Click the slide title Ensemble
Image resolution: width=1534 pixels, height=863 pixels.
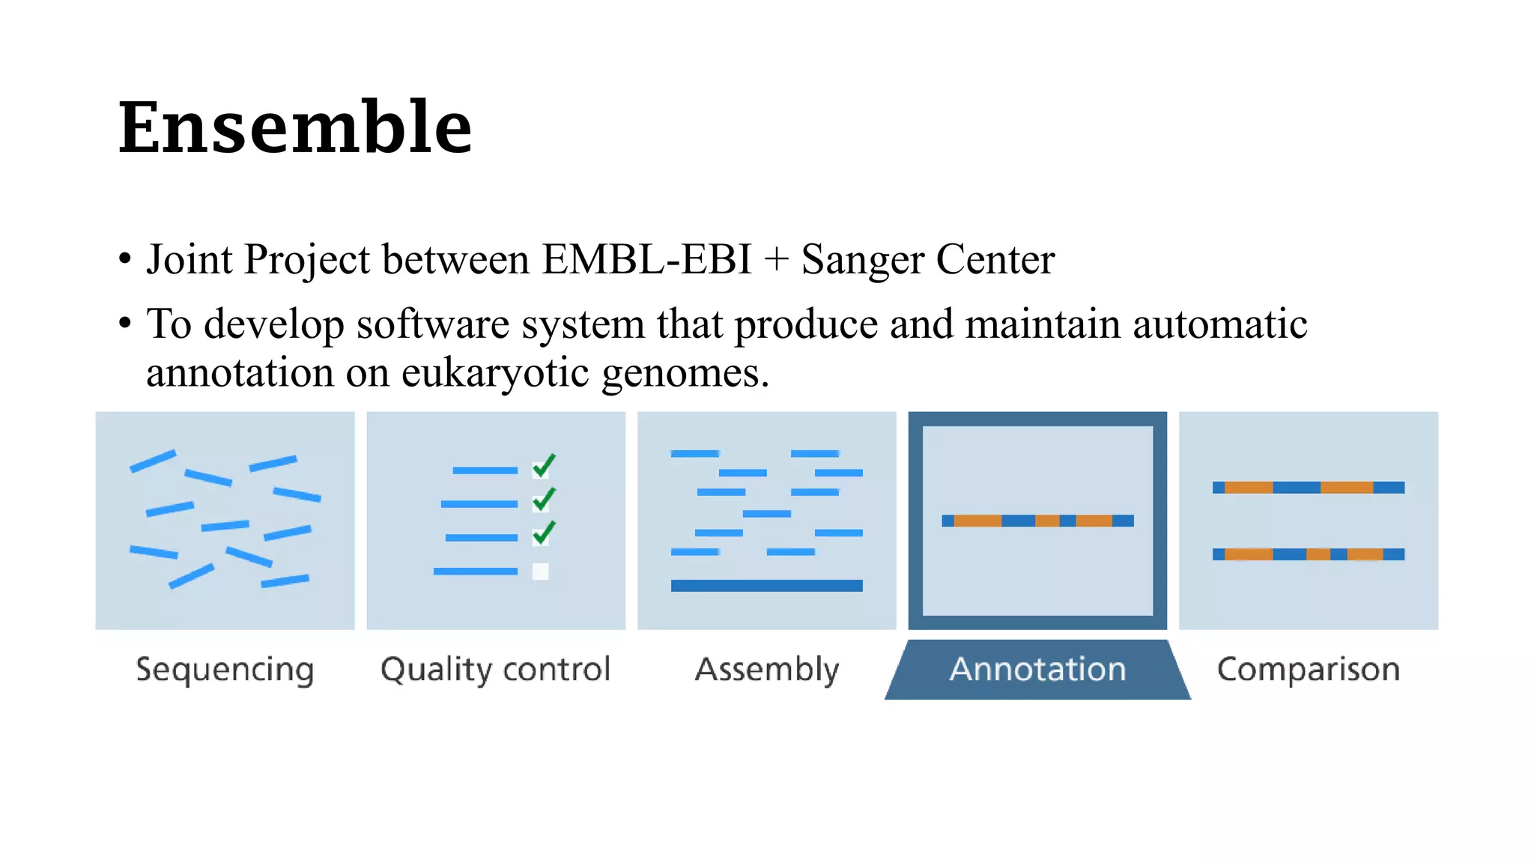[295, 127]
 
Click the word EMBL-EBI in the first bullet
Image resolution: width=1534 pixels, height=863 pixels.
[646, 259]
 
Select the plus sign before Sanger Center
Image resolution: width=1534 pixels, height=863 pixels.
[777, 261]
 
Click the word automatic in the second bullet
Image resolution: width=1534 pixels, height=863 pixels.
[1219, 324]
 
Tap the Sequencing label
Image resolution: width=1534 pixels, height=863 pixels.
[225, 669]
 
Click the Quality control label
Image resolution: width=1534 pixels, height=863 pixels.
[495, 669]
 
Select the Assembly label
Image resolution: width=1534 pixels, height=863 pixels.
[767, 669]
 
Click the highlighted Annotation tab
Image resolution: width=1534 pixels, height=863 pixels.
[1037, 669]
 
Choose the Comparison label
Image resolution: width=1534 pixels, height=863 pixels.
[1308, 669]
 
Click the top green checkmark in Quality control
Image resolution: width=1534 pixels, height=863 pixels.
[544, 466]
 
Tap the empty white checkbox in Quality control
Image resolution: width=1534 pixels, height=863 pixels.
[540, 572]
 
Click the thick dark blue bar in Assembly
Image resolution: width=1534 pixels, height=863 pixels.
[766, 586]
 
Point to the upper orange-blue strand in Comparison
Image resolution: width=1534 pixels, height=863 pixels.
[1308, 488]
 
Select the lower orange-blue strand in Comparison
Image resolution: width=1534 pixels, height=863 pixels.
[1308, 554]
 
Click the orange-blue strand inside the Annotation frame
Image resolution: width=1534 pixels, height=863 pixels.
[1037, 521]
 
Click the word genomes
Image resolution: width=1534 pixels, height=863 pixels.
[685, 372]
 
